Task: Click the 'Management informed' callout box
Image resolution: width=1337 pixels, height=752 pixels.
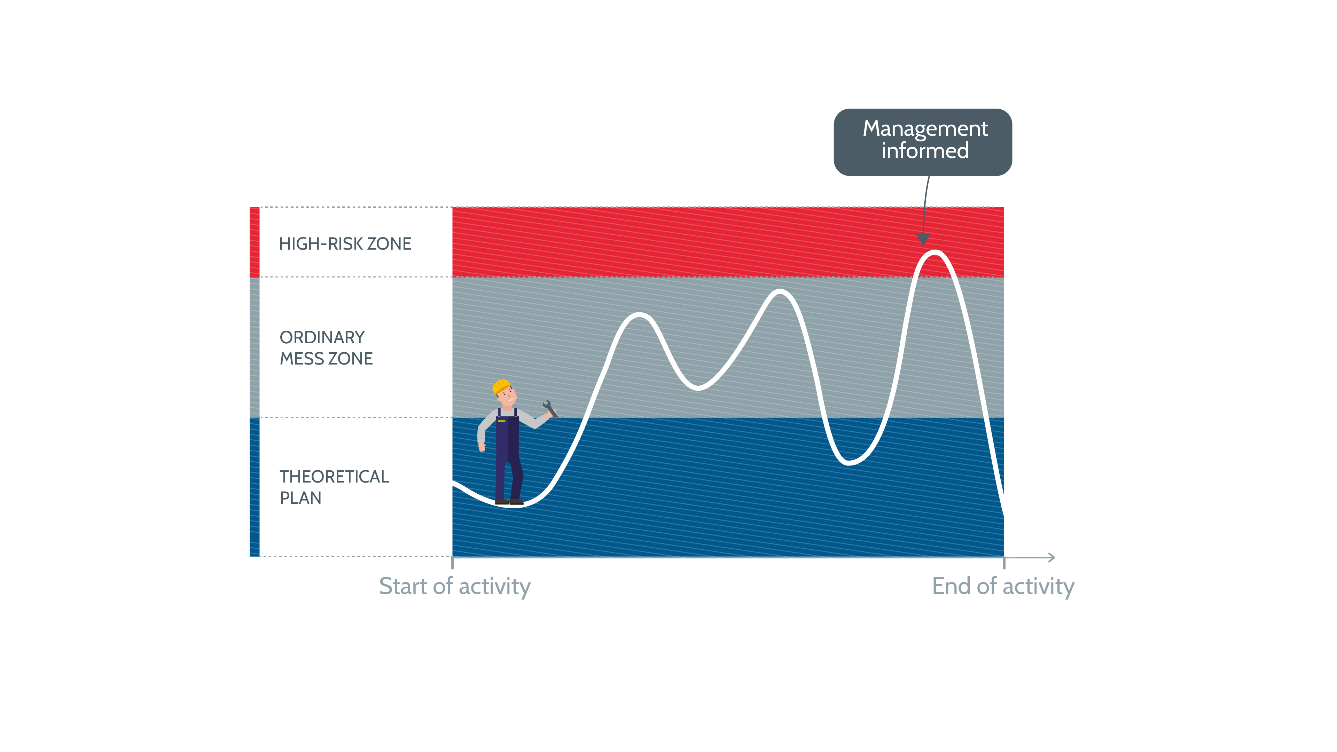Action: tap(922, 142)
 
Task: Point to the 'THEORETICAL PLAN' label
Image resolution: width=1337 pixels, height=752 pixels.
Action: tap(334, 487)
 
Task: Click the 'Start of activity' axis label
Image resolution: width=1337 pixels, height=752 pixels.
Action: tap(455, 586)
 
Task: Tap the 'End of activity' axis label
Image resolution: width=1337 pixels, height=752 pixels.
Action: tap(1003, 586)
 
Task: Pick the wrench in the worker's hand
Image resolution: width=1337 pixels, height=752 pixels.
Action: tap(550, 409)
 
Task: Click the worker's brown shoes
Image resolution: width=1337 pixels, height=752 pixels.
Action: tap(509, 501)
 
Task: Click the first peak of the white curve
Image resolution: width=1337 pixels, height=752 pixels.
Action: tap(640, 315)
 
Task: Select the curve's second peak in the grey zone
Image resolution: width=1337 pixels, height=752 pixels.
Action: tap(780, 292)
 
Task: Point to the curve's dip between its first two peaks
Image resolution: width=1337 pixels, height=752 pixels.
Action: tap(698, 387)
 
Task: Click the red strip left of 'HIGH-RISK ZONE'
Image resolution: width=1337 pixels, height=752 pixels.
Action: tap(254, 242)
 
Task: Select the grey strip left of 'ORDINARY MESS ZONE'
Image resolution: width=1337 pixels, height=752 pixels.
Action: tap(254, 347)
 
